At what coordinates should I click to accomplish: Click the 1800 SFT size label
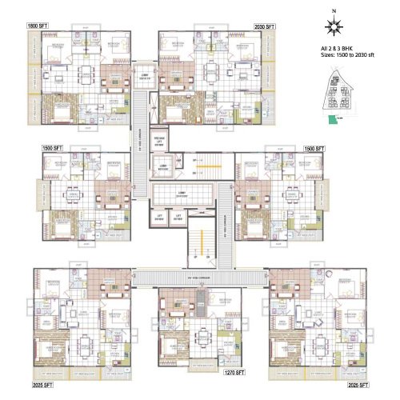[x=38, y=26]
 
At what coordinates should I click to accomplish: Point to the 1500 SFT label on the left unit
[x=54, y=149]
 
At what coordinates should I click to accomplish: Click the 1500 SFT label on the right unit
[x=314, y=149]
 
